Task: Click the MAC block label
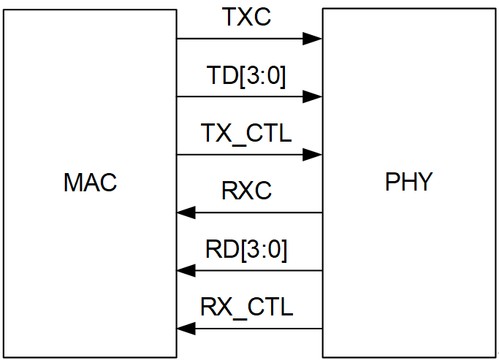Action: (90, 183)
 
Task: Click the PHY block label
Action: (409, 183)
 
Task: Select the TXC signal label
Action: (246, 18)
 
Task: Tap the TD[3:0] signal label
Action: (246, 75)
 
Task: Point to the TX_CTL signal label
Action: (246, 134)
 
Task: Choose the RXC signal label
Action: (246, 191)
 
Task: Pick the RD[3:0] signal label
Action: (246, 250)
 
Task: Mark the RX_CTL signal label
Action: (246, 307)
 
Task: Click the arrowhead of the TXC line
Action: (313, 38)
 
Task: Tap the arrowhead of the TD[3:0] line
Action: (313, 96)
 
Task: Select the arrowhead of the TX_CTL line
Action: (313, 154)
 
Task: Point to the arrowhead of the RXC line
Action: (186, 212)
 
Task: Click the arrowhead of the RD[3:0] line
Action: (186, 270)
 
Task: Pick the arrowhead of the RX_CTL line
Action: (186, 329)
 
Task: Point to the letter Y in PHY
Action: (424, 183)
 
